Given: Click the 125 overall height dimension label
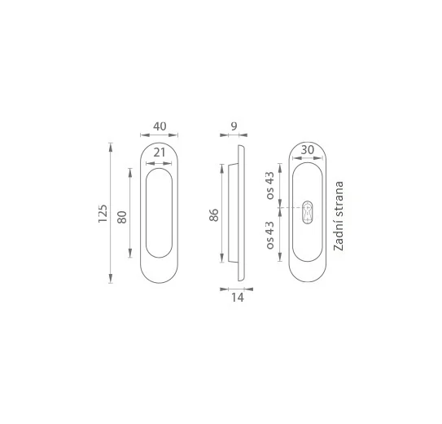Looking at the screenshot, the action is [103, 213].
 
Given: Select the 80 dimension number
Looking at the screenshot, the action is [122, 217].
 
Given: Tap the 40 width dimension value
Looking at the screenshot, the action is [160, 126].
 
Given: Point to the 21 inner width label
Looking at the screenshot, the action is [160, 152].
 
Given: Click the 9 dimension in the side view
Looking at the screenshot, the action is [234, 126].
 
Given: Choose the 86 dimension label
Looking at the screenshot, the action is [214, 215].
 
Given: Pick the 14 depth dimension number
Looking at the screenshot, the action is [237, 298].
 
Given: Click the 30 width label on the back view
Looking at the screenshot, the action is [307, 150].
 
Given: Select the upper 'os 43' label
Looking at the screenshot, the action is [269, 185].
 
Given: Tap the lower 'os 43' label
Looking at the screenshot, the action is [269, 235].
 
